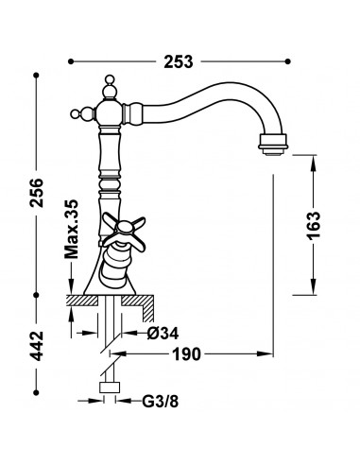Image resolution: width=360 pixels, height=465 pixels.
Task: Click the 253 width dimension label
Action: tap(178, 61)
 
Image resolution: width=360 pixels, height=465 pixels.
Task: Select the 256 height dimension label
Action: tap(37, 193)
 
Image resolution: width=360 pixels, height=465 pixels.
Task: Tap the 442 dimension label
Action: tap(37, 346)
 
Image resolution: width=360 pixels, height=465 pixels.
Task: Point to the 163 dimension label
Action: tap(314, 226)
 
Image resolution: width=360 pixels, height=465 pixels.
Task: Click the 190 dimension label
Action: tap(186, 354)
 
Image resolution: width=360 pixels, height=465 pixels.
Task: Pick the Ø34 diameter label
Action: tap(163, 333)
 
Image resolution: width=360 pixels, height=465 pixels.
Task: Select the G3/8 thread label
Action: tap(161, 401)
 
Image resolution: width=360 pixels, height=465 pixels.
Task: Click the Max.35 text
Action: tap(71, 229)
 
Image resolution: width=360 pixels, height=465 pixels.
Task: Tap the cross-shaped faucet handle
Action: tap(124, 230)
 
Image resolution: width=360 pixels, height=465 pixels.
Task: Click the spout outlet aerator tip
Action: tap(273, 145)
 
